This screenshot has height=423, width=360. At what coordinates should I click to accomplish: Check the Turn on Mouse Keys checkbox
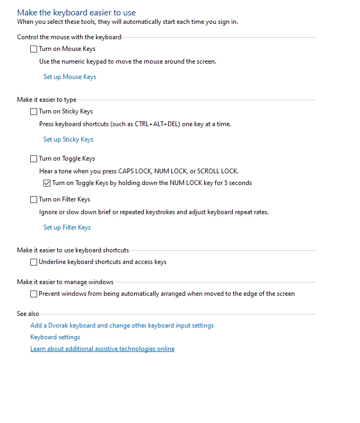click(34, 49)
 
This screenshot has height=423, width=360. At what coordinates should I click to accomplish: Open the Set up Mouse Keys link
click(69, 77)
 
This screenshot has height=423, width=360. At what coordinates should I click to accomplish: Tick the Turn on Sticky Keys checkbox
click(34, 112)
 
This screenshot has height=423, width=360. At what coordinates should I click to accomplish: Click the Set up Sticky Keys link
click(68, 139)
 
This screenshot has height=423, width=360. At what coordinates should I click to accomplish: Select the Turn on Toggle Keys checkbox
click(34, 159)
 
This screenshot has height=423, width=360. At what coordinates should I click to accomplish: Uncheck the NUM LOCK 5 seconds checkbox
click(47, 183)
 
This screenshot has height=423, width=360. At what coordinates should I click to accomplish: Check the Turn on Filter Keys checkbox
click(34, 200)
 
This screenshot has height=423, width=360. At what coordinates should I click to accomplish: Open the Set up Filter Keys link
click(67, 227)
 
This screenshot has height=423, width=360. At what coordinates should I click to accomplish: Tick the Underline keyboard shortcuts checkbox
click(34, 262)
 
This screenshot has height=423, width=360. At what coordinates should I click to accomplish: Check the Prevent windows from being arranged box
click(34, 294)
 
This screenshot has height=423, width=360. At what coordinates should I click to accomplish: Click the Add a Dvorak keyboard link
click(122, 325)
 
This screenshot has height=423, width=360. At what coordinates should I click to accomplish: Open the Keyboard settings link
click(55, 337)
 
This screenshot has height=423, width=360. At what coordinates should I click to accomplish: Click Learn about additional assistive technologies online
click(102, 349)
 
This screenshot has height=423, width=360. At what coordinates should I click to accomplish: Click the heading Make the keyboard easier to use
click(76, 12)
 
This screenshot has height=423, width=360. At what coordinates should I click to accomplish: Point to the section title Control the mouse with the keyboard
click(69, 37)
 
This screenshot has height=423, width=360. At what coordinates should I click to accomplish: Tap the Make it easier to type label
click(47, 100)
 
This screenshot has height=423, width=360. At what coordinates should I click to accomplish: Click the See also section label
click(28, 314)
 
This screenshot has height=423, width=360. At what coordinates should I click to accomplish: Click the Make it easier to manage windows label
click(65, 282)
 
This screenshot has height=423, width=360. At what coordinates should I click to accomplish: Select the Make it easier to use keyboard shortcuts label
click(73, 250)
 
